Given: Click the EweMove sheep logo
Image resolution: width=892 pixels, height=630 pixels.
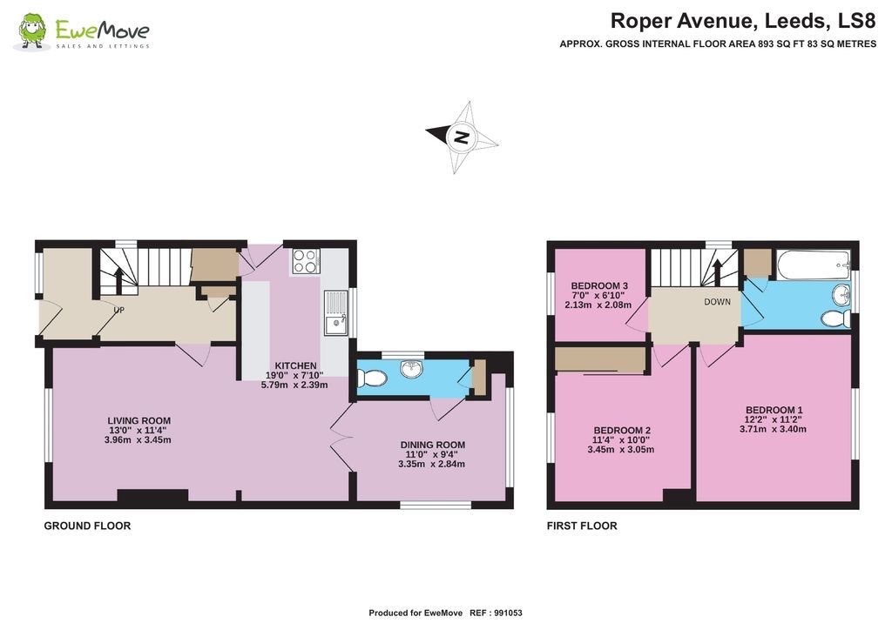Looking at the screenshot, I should (32, 32).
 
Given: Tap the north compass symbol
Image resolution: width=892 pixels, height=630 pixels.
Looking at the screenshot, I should (462, 137).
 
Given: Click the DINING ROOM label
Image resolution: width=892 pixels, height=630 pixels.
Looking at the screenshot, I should (432, 445).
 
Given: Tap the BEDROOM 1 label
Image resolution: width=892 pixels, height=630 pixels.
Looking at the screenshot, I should (774, 410).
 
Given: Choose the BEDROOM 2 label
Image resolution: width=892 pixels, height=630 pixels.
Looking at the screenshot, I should (622, 430).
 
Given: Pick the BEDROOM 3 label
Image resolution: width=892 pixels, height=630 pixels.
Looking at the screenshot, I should (599, 286).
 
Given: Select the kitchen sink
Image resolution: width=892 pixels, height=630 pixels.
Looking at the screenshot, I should (335, 314).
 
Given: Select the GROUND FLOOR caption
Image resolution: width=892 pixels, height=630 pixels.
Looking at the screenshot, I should (87, 526).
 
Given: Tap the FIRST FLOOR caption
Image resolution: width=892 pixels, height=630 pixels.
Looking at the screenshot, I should (582, 526).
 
